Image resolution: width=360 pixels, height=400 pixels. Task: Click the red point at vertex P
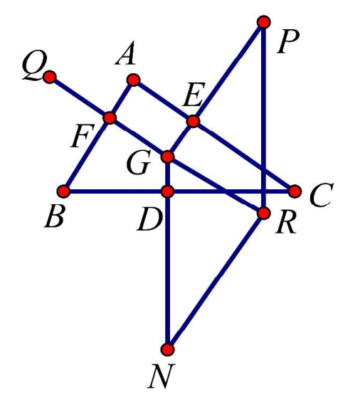click(x=264, y=22)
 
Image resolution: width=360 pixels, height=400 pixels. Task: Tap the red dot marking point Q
click(x=50, y=77)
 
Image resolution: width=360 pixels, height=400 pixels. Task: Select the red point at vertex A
click(x=133, y=80)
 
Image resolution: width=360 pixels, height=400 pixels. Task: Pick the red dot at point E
click(x=193, y=121)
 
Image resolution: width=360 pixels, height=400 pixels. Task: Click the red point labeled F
click(x=110, y=118)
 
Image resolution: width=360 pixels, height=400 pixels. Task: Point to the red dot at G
click(x=167, y=157)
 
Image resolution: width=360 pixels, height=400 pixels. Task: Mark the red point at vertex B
click(x=63, y=191)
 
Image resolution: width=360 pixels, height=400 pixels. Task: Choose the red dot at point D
click(x=167, y=191)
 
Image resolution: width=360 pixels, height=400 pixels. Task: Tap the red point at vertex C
click(x=295, y=191)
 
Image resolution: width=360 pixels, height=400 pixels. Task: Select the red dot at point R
click(x=264, y=214)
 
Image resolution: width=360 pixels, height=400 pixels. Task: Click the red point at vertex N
click(x=167, y=349)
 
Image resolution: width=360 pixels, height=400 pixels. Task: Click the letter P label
click(x=288, y=43)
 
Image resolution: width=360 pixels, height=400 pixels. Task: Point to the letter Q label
click(x=35, y=68)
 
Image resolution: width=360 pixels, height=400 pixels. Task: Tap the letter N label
click(x=161, y=376)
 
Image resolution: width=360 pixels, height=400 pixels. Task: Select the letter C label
click(x=322, y=194)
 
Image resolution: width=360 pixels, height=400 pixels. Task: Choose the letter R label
click(x=286, y=222)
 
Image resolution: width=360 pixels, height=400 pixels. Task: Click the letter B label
click(x=54, y=216)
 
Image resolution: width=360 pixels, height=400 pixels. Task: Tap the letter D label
click(x=149, y=220)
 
